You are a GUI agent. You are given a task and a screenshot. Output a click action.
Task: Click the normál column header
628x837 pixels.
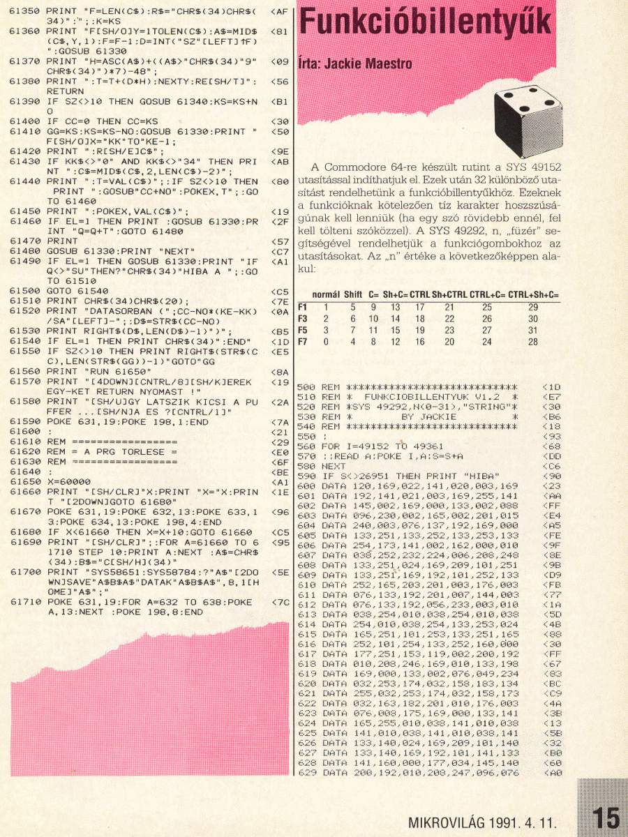coord(325,295)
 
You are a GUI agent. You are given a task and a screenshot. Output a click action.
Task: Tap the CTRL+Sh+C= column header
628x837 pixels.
coord(534,295)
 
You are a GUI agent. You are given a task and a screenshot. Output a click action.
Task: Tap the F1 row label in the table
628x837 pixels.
coord(302,306)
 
